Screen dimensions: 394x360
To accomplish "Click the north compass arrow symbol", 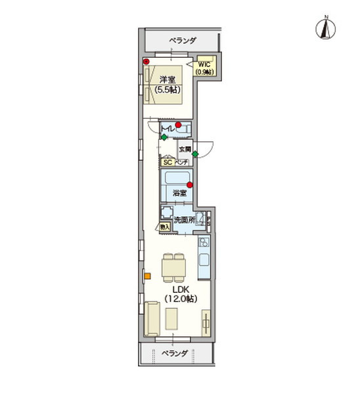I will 323,28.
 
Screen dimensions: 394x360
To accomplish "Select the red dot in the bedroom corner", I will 146,62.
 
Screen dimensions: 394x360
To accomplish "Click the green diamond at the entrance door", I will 195,154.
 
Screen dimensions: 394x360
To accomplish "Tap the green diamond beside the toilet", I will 164,137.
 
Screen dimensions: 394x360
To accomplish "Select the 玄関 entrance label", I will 185,149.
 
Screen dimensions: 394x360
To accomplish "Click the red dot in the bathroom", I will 189,185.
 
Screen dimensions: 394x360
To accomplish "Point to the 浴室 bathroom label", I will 179,193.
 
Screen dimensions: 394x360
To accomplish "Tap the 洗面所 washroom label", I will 184,220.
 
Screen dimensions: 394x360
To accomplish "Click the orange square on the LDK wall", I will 148,276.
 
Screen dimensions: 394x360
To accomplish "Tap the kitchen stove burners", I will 204,244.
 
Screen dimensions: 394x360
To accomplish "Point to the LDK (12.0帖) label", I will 180,294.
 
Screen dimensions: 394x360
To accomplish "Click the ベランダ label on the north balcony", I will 182,41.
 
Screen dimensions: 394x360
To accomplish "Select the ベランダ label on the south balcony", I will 175,353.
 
